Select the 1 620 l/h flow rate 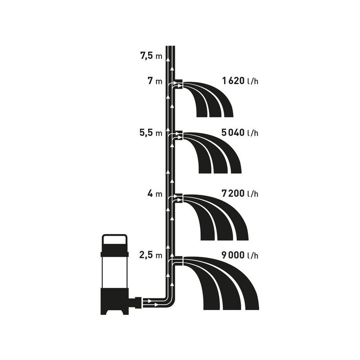click(240, 81)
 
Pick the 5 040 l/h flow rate click(240, 133)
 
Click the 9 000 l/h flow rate click(240, 256)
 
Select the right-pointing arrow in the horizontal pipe click(156, 304)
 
